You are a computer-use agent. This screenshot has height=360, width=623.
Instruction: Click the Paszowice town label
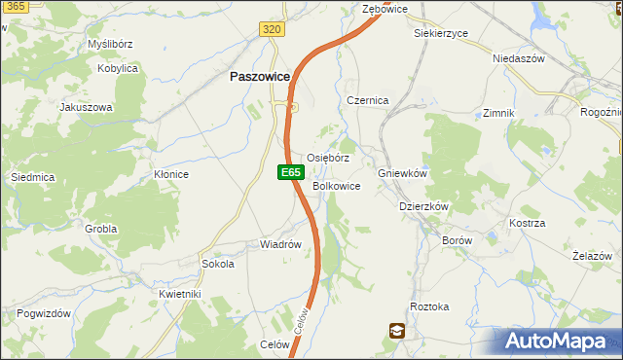[x=259, y=77]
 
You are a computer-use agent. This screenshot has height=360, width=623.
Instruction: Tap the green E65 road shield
[x=289, y=172]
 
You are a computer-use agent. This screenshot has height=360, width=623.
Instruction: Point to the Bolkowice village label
[x=337, y=186]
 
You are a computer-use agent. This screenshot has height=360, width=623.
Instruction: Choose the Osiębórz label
[x=328, y=158]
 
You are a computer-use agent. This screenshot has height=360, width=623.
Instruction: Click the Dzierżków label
[x=423, y=206]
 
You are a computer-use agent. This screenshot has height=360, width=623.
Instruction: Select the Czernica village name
[x=368, y=100]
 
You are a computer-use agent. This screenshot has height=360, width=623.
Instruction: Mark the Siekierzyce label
[x=440, y=33]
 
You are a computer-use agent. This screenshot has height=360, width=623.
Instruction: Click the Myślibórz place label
[x=109, y=45]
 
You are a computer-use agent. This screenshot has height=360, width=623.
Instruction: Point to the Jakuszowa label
[x=87, y=107]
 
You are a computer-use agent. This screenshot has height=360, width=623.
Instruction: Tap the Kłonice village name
[x=171, y=174]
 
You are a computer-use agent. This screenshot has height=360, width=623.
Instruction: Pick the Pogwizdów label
[x=44, y=313]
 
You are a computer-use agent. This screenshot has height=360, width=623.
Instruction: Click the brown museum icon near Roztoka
[x=397, y=331]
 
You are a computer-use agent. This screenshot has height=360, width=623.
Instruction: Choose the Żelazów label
[x=591, y=256]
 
